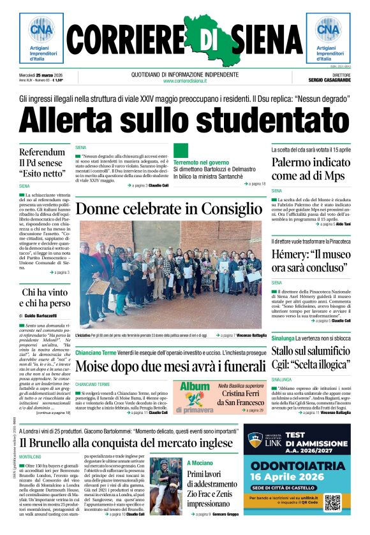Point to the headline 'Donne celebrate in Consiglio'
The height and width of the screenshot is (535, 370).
169,209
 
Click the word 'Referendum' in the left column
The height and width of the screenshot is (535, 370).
43,153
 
